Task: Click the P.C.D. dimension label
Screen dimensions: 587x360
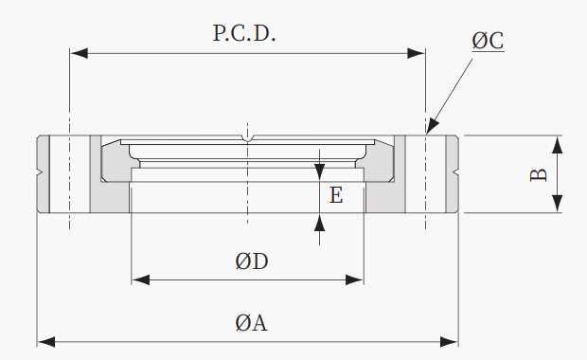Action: (x=244, y=33)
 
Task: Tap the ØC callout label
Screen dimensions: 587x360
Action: (x=488, y=41)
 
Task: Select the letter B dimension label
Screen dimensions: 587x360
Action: (x=539, y=175)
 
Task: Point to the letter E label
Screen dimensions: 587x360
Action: (x=336, y=195)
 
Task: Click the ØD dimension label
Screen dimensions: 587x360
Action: (x=252, y=261)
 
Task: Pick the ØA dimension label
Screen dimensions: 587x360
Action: (x=251, y=323)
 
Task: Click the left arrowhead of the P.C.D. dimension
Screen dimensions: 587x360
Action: (x=79, y=53)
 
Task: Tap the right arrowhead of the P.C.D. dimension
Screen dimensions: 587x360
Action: (x=416, y=53)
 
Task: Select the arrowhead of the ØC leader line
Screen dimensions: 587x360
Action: (x=432, y=125)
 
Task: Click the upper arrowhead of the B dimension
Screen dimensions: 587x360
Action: (x=558, y=145)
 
